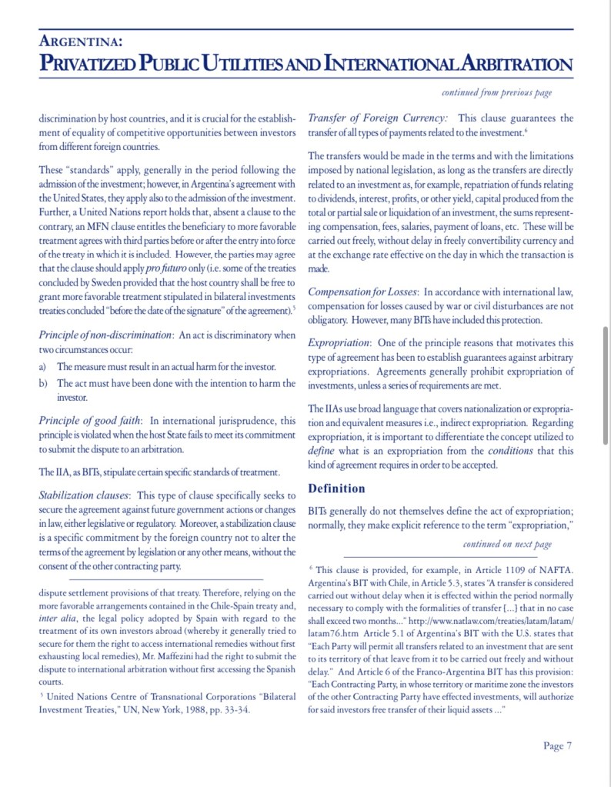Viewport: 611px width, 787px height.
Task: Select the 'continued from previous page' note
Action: pyautogui.click(x=496, y=93)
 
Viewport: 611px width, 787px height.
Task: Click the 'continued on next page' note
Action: pyautogui.click(x=507, y=544)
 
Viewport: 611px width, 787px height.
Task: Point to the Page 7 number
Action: pyautogui.click(x=557, y=745)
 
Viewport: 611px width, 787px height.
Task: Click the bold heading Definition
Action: pyautogui.click(x=336, y=489)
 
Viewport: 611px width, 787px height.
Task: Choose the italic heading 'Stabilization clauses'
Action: pyautogui.click(x=85, y=495)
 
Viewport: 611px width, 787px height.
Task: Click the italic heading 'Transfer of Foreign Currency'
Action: pyautogui.click(x=377, y=118)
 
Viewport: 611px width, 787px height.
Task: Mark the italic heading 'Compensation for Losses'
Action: pyautogui.click(x=362, y=292)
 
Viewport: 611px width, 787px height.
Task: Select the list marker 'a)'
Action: pyautogui.click(x=43, y=367)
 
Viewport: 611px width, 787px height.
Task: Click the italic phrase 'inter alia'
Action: pyautogui.click(x=58, y=619)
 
